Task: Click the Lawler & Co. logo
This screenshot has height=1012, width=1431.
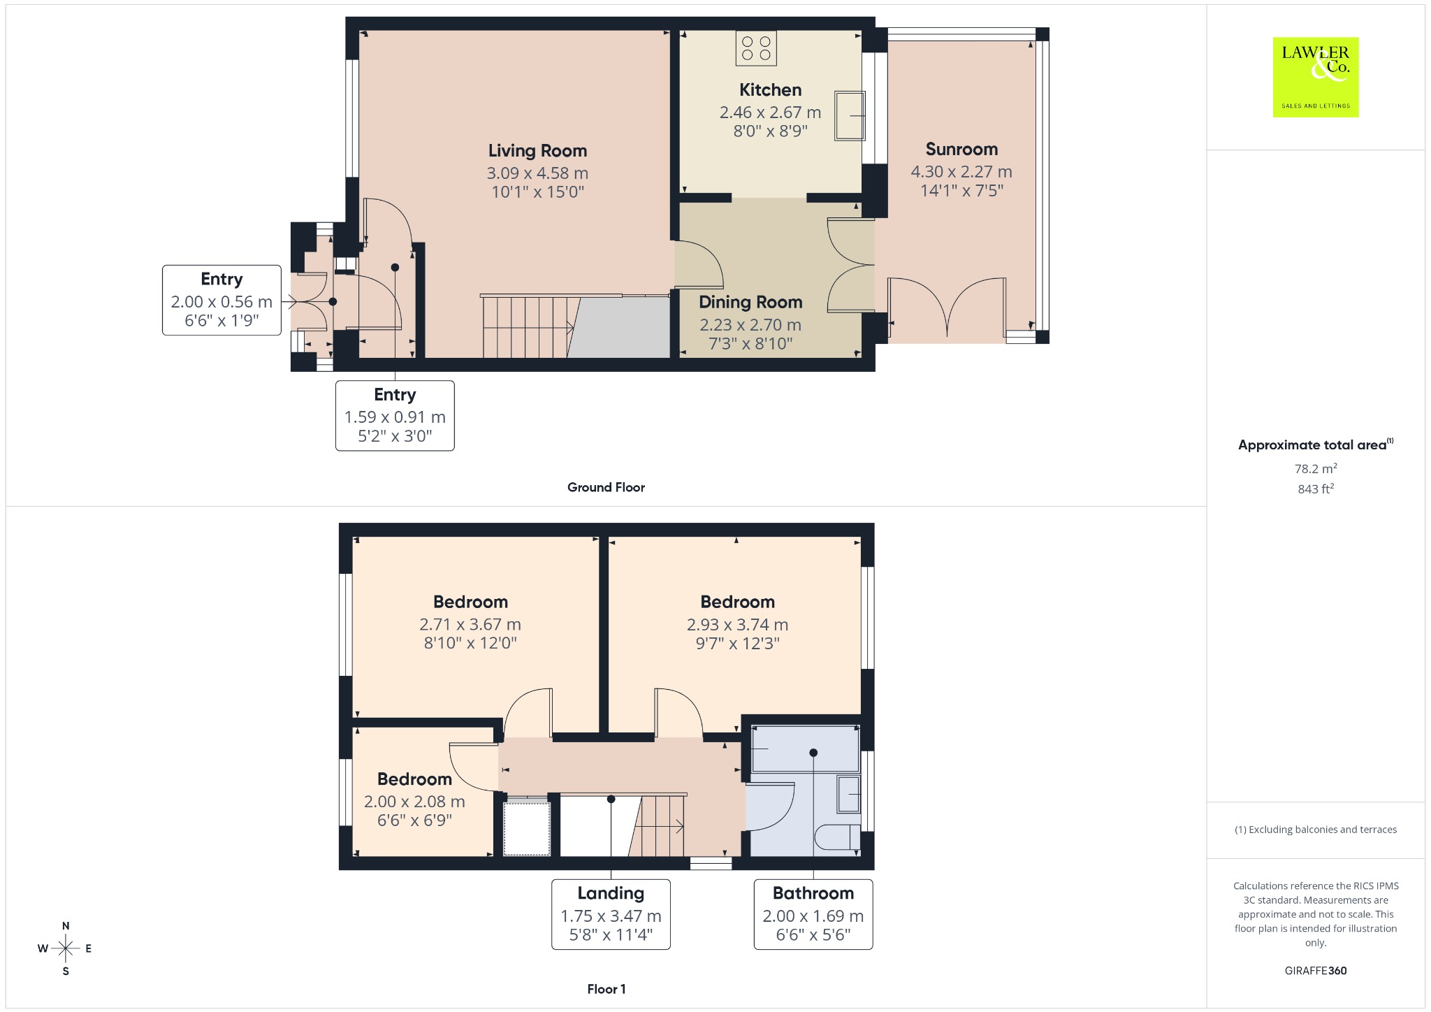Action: pyautogui.click(x=1315, y=77)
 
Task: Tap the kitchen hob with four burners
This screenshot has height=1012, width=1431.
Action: pyautogui.click(x=756, y=48)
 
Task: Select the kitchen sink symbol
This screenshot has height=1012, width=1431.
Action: pyautogui.click(x=850, y=116)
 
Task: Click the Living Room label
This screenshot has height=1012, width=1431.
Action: pyautogui.click(x=537, y=151)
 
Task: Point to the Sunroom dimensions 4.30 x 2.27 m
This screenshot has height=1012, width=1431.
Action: pyautogui.click(x=961, y=171)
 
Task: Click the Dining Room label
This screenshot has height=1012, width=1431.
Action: pyautogui.click(x=750, y=302)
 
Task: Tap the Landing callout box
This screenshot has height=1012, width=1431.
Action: pyautogui.click(x=611, y=914)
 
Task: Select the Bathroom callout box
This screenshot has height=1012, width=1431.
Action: pyautogui.click(x=813, y=914)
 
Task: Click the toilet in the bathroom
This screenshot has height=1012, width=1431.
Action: pyautogui.click(x=838, y=837)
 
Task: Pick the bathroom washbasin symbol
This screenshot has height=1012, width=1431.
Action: pyautogui.click(x=849, y=795)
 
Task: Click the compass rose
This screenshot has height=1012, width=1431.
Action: pyautogui.click(x=66, y=948)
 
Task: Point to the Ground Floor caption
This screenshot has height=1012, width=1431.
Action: pyautogui.click(x=606, y=487)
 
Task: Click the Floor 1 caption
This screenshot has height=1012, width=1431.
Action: pyautogui.click(x=606, y=989)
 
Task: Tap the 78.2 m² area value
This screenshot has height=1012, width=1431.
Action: pyautogui.click(x=1316, y=468)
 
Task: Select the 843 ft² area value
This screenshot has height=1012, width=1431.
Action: pyautogui.click(x=1316, y=489)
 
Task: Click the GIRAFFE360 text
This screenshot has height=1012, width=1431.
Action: pyautogui.click(x=1316, y=970)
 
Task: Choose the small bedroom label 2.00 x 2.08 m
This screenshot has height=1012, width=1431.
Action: pyautogui.click(x=414, y=802)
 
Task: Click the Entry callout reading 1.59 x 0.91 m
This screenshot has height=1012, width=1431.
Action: pyautogui.click(x=395, y=416)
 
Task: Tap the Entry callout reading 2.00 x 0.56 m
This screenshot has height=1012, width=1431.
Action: pyautogui.click(x=221, y=301)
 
